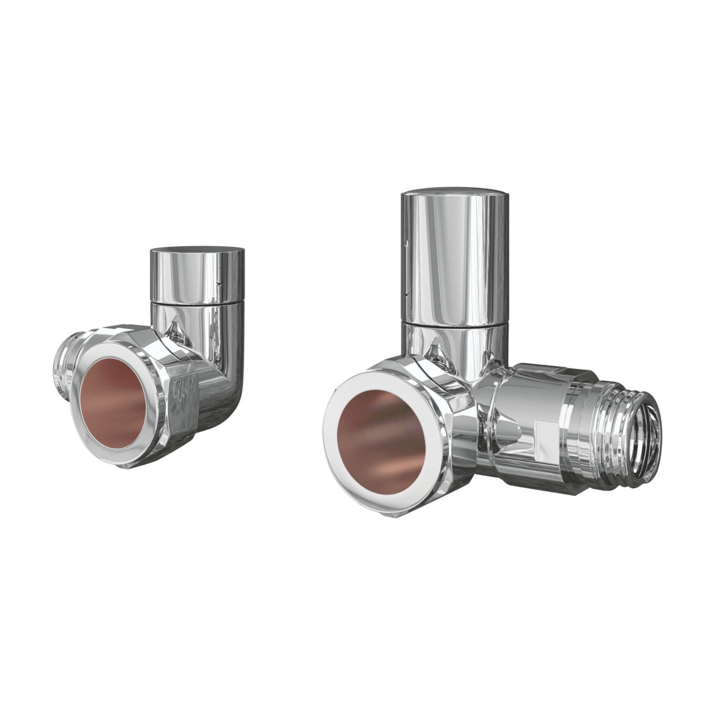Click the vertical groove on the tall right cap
click(405, 247)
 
